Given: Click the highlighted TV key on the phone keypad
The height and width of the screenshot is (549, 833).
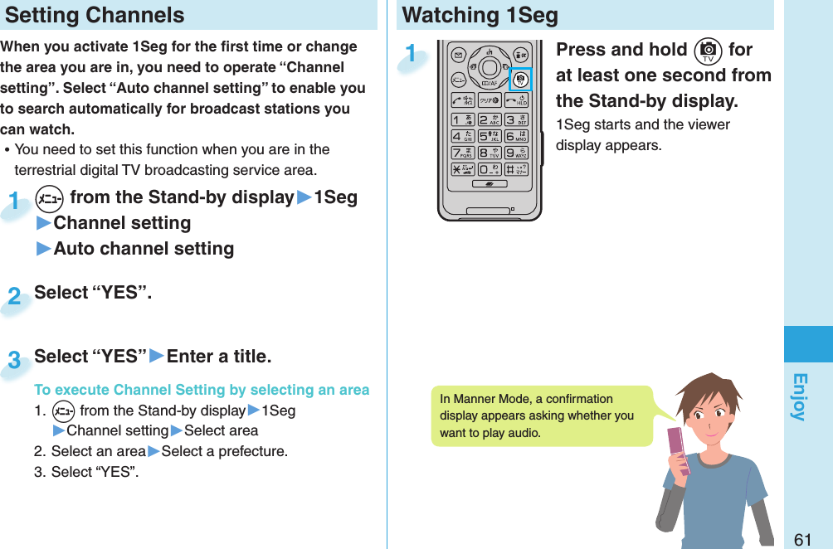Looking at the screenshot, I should click(x=520, y=80).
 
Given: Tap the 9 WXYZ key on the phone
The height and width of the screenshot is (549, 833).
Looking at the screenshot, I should click(x=517, y=153).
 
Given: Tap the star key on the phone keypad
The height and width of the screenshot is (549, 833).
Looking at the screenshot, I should click(x=461, y=169).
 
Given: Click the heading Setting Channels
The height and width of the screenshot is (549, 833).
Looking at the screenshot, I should click(x=95, y=15).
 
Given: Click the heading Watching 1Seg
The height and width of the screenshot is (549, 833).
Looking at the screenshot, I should click(x=480, y=15).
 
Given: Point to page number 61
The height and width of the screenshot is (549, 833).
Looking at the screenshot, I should click(x=802, y=539).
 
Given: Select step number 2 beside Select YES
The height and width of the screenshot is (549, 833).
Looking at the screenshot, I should click(x=14, y=296).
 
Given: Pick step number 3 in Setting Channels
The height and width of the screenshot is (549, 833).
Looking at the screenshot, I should click(x=14, y=360).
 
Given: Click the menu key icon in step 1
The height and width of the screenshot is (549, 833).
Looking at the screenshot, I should click(x=50, y=199).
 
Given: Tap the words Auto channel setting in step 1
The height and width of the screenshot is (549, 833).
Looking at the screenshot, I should click(x=144, y=249).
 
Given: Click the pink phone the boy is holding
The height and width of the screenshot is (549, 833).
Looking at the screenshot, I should click(x=680, y=452).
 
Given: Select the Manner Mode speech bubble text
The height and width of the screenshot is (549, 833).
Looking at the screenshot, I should click(x=536, y=415).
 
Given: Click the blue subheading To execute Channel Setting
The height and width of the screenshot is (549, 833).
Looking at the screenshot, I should click(x=202, y=390).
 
